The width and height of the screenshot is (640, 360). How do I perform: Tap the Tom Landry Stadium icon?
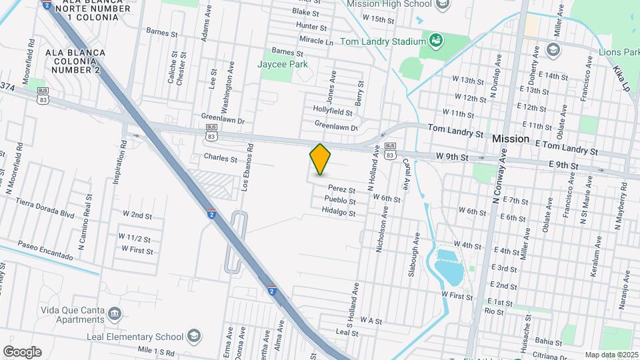pyautogui.click(x=436, y=41)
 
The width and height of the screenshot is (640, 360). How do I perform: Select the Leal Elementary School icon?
pyautogui.click(x=194, y=335)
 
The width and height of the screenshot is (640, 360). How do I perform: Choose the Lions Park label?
pyautogui.click(x=619, y=52)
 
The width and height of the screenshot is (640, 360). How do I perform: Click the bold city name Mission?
pyautogui.click(x=511, y=139)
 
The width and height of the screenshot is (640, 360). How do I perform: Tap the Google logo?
pyautogui.click(x=22, y=352)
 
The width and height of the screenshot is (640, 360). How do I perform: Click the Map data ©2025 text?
pyautogui.click(x=611, y=355)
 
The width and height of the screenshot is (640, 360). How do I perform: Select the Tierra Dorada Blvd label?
pyautogui.click(x=44, y=204)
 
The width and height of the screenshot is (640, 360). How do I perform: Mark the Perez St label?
pyautogui.click(x=341, y=189)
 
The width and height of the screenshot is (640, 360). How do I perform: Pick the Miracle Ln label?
pyautogui.click(x=316, y=41)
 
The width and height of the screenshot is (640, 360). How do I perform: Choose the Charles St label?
pyautogui.click(x=220, y=159)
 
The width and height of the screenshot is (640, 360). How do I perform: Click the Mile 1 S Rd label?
pyautogui.click(x=155, y=352)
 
